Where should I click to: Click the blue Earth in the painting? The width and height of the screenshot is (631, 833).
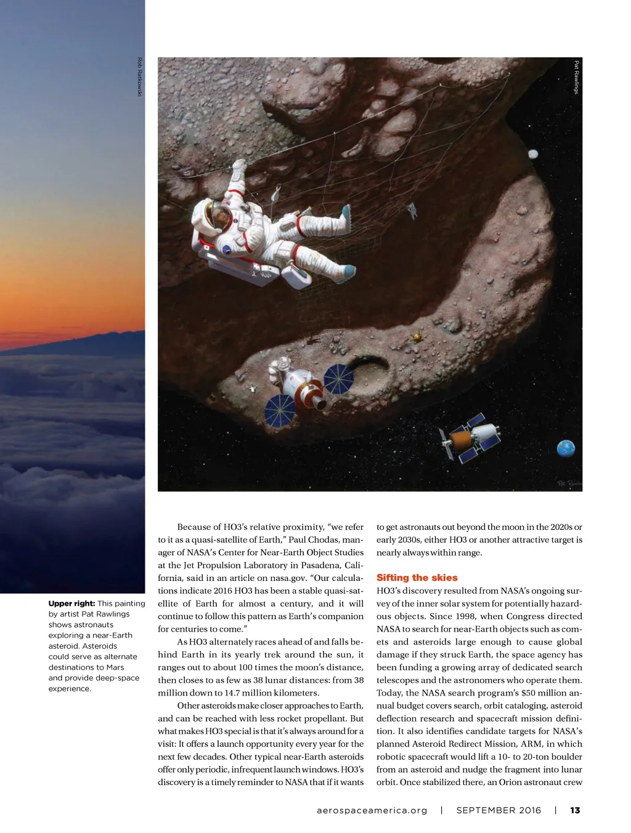pyautogui.click(x=566, y=449)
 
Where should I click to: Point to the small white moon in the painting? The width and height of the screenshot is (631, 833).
pyautogui.click(x=534, y=154)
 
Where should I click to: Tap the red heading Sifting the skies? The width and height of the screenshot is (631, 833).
pyautogui.click(x=417, y=577)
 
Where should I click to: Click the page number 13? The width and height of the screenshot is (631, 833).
pyautogui.click(x=575, y=810)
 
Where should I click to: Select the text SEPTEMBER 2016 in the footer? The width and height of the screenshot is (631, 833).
pyautogui.click(x=499, y=810)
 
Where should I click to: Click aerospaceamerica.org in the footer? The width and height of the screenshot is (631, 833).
pyautogui.click(x=372, y=810)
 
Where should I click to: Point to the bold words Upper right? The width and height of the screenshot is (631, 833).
pyautogui.click(x=71, y=603)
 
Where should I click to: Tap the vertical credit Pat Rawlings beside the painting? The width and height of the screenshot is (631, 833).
pyautogui.click(x=577, y=76)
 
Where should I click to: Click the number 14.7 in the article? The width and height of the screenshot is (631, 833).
pyautogui.click(x=232, y=693)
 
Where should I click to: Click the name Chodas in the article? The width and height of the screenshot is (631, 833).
pyautogui.click(x=323, y=540)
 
